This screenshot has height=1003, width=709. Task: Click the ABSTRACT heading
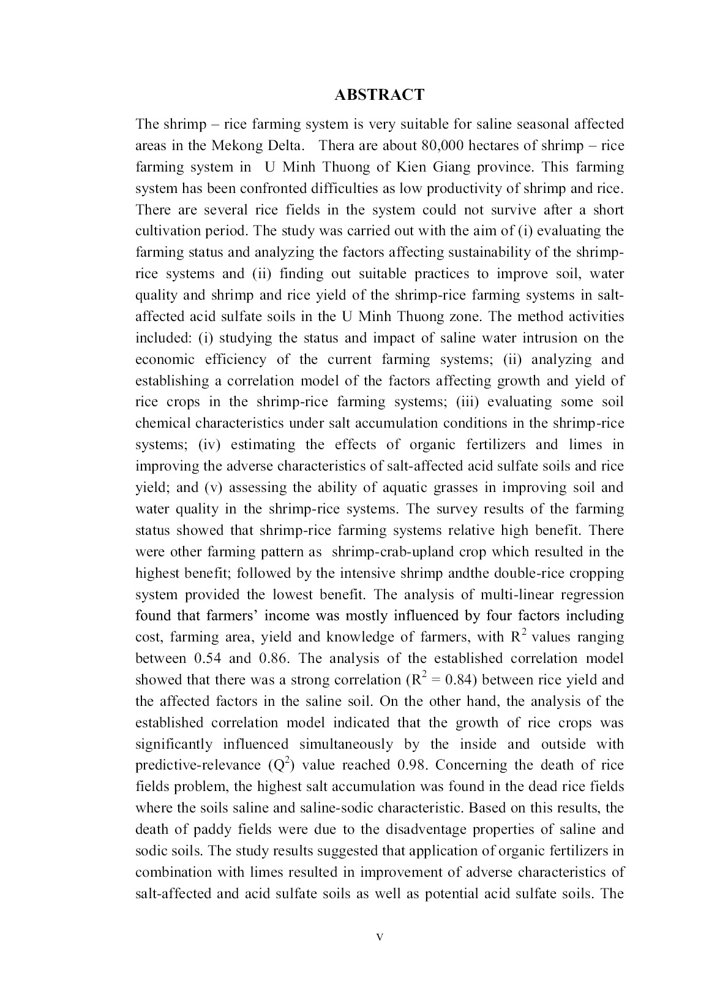[x=379, y=94]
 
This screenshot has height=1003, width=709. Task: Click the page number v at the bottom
[x=380, y=937]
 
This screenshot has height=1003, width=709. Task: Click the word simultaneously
[x=346, y=744]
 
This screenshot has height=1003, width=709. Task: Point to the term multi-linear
[x=521, y=594]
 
